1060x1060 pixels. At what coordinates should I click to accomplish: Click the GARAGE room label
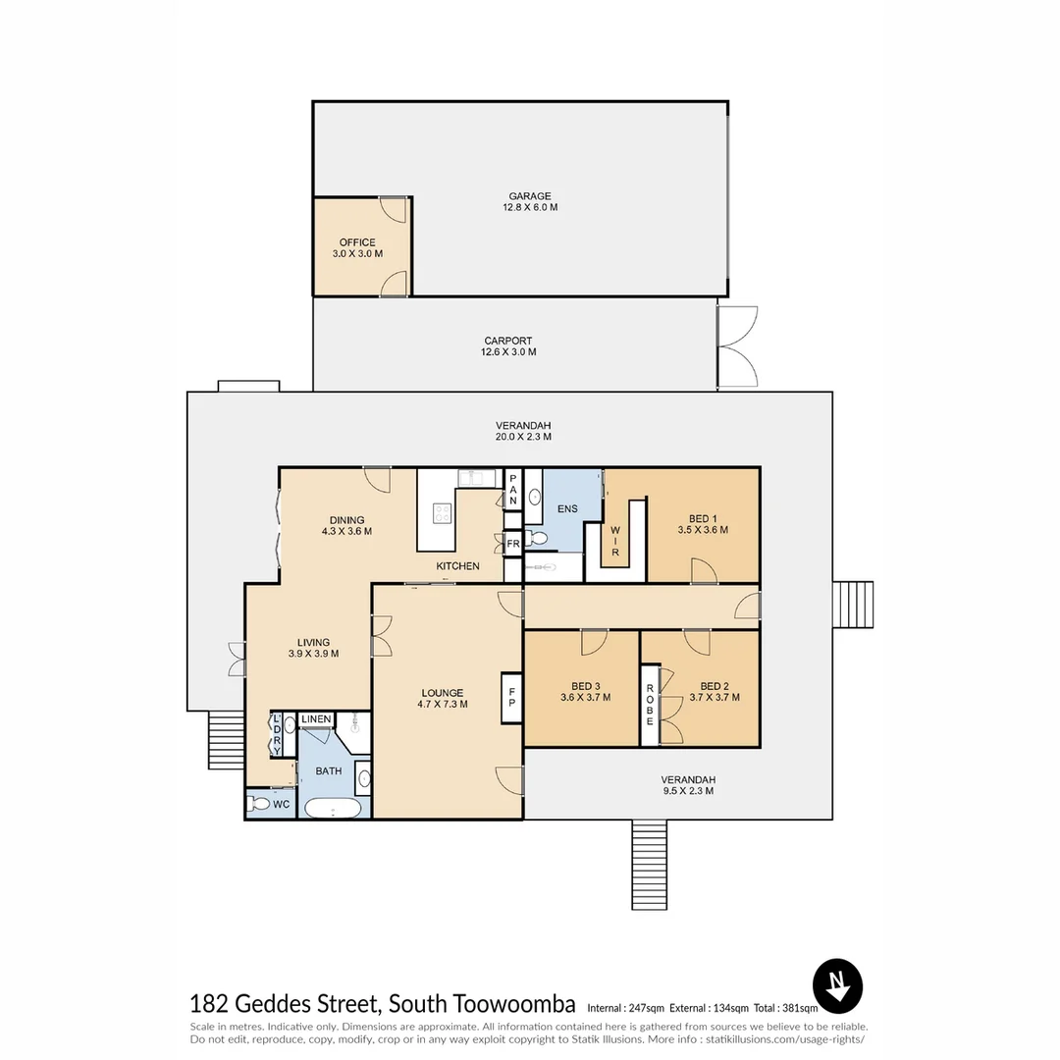[530, 196]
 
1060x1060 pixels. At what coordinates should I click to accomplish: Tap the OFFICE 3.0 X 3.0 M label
[357, 248]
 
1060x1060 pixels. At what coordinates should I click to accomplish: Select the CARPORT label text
[508, 341]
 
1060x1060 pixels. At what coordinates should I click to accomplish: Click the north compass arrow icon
[837, 985]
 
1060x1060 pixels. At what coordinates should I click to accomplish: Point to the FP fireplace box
[511, 698]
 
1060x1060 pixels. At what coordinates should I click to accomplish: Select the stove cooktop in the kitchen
[442, 513]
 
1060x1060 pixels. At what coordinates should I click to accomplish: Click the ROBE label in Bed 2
[650, 705]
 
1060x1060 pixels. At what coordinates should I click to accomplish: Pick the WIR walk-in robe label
[615, 542]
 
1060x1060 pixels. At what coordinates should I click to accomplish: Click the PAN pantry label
[513, 490]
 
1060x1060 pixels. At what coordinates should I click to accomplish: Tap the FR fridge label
[513, 544]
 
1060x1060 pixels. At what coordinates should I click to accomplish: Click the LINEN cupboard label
[316, 718]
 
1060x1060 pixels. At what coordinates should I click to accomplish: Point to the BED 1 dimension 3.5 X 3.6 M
[703, 530]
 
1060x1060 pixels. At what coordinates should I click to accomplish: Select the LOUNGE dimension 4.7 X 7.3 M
[443, 704]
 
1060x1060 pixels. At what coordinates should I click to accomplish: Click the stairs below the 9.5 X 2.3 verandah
[650, 865]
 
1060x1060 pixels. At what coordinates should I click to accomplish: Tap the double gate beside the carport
[737, 346]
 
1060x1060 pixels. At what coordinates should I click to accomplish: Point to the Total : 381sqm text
[785, 1008]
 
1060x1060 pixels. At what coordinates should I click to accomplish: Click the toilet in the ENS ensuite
[537, 538]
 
